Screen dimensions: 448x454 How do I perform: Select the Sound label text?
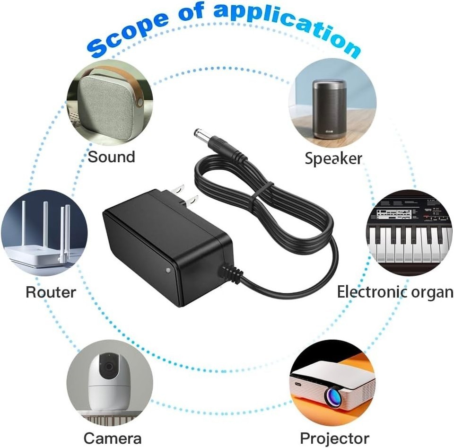(111, 157)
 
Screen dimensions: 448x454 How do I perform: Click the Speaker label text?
(333, 158)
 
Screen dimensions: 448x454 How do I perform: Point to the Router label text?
(51, 292)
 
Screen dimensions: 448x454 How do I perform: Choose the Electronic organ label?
(395, 292)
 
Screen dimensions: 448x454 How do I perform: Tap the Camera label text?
(112, 438)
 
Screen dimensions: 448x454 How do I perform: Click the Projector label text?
(334, 438)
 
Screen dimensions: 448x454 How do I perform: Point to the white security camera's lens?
(109, 366)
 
